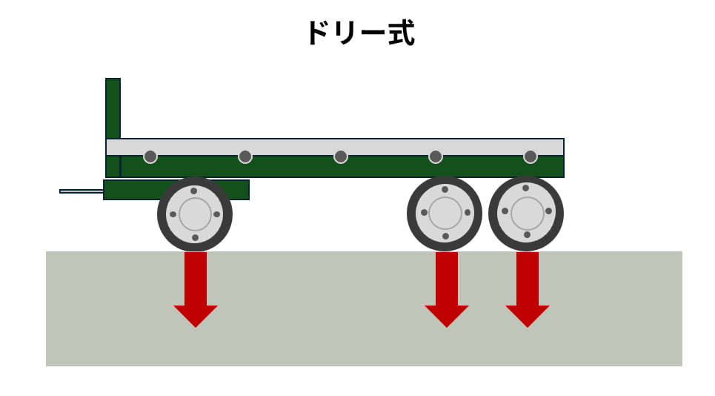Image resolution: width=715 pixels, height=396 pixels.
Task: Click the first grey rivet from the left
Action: pos(150,156)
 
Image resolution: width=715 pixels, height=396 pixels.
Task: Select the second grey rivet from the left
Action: pos(245,156)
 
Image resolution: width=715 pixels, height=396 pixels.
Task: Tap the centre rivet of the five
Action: pos(341,156)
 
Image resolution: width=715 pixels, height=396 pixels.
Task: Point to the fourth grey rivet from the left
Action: pos(436,156)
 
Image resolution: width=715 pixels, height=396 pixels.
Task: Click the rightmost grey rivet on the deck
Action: pos(531,156)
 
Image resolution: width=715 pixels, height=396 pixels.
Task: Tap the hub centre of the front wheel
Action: pos(195,214)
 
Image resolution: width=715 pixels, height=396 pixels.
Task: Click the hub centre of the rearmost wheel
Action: pos(527,214)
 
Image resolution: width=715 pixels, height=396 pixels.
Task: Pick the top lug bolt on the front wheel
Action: pos(194,191)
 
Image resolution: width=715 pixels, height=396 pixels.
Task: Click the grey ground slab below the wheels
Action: pos(333,341)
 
